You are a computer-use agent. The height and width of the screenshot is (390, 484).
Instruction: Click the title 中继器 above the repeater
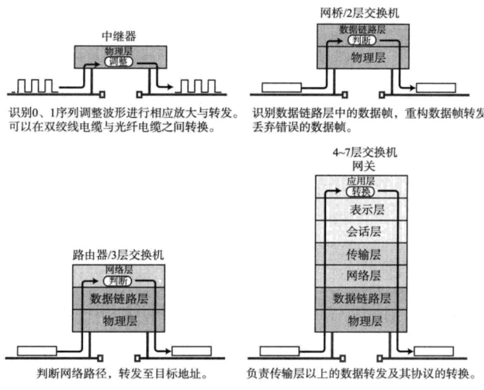118,37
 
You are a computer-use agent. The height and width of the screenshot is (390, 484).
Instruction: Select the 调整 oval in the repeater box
119,62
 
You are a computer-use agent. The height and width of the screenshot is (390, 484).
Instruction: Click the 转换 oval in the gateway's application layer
362,191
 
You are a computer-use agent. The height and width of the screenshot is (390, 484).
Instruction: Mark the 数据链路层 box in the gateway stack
362,298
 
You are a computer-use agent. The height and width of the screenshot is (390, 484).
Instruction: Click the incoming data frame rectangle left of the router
37,350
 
